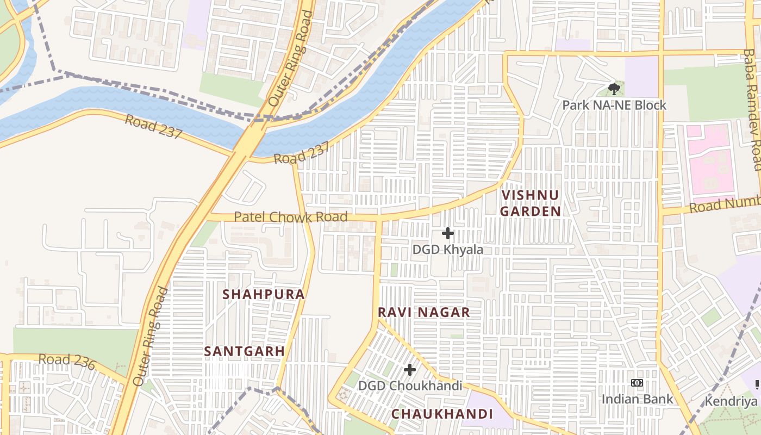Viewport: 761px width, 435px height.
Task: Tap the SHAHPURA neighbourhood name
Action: point(264,294)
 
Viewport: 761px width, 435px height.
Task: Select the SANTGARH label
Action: point(244,351)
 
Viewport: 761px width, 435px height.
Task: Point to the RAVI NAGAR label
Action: point(423,313)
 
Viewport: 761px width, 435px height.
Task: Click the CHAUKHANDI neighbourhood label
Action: point(442,414)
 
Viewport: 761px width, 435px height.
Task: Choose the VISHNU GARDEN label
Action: point(530,203)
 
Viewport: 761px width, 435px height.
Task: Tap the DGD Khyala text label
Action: point(447,250)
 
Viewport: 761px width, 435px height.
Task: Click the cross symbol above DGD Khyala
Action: point(447,233)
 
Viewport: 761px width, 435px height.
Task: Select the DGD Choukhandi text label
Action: point(410,386)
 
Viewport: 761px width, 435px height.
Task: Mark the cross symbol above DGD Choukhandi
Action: point(410,370)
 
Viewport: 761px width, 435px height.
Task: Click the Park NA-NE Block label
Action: point(614,105)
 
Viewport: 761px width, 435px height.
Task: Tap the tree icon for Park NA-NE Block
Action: point(614,88)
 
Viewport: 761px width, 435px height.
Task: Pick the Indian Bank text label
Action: point(637,399)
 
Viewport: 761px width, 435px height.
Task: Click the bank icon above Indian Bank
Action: point(637,383)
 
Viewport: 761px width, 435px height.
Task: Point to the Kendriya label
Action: point(731,401)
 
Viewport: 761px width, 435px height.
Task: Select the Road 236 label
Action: point(67,361)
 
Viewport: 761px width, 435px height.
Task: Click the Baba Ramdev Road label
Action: point(752,109)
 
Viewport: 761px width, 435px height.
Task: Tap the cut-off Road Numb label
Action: point(725,206)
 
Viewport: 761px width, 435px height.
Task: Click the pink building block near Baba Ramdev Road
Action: point(711,161)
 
